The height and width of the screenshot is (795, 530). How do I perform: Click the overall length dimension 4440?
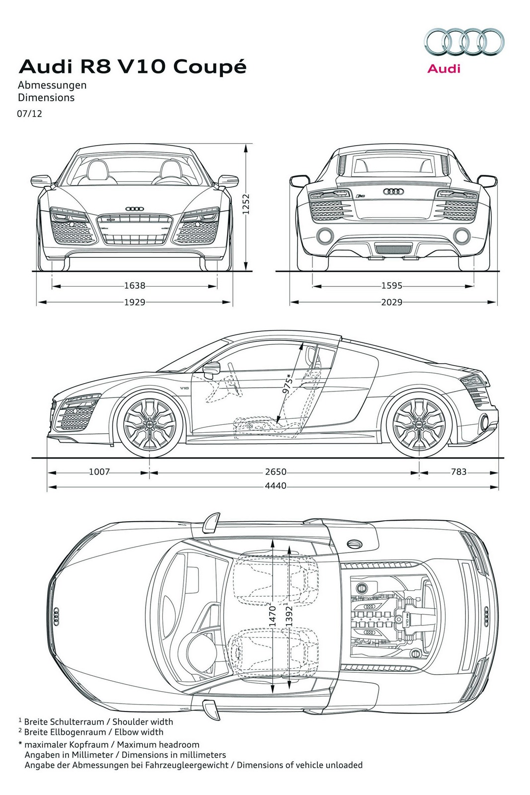(x=275, y=485)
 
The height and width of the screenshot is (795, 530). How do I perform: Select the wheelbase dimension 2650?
(x=275, y=472)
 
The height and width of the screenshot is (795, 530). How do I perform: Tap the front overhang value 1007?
(x=99, y=472)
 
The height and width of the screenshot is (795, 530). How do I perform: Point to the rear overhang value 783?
(x=458, y=472)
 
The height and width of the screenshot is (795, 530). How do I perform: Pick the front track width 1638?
(x=135, y=286)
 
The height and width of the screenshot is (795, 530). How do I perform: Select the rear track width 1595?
(x=391, y=286)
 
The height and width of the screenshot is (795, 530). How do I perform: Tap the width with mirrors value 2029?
(x=391, y=302)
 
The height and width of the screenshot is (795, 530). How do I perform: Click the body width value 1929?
(x=135, y=302)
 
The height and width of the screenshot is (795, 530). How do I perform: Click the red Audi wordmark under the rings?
(x=444, y=69)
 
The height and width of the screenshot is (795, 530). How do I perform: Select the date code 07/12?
(x=30, y=114)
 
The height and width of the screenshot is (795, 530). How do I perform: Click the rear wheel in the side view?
(x=418, y=423)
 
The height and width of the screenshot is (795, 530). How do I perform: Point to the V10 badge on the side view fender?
(x=184, y=388)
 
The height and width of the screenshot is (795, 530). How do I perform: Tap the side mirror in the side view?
(x=212, y=369)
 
